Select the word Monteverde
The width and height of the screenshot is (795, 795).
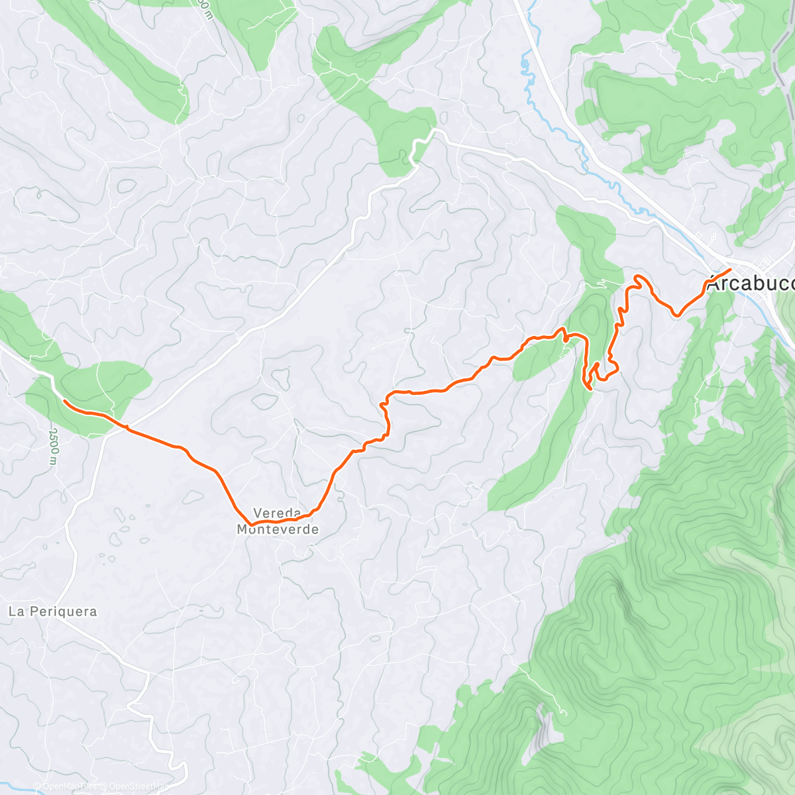coord(278,529)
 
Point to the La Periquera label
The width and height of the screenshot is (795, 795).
coord(53,611)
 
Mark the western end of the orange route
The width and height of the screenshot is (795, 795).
coord(64,401)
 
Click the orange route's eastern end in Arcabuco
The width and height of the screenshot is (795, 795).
coord(729,269)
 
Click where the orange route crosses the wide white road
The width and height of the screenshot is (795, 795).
coord(123,427)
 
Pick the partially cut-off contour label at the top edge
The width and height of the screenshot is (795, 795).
coord(206,8)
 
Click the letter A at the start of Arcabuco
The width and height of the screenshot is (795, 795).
coord(714,284)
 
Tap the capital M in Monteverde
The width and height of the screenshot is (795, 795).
coord(243,529)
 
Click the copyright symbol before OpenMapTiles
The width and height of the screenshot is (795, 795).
coord(36,786)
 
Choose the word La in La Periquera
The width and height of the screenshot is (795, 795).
coord(16,611)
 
